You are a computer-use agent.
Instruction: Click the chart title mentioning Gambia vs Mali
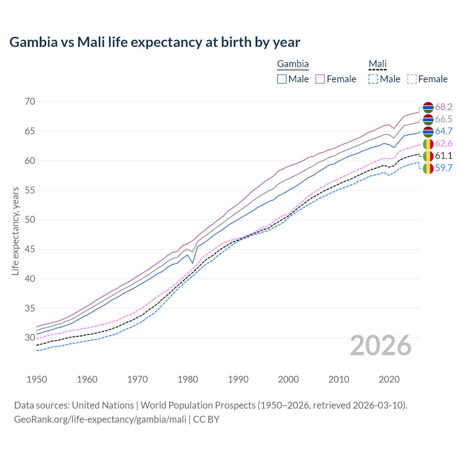[154, 42]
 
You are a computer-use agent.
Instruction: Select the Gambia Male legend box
[282, 79]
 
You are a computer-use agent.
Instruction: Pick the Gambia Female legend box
[320, 79]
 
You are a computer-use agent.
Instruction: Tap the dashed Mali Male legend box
[373, 79]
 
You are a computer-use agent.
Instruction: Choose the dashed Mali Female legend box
[412, 79]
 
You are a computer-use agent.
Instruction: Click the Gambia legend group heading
[293, 64]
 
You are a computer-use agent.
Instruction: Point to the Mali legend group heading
[378, 64]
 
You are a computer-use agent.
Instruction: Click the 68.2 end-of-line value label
[444, 107]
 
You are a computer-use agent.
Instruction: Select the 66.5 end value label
[444, 119]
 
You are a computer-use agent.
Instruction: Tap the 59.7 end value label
[444, 168]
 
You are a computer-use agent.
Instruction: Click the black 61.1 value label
[444, 156]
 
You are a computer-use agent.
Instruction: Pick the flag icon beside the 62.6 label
[428, 144]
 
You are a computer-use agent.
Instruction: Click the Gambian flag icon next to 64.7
[428, 131]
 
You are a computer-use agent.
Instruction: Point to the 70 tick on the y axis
[30, 102]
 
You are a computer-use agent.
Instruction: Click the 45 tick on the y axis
[30, 249]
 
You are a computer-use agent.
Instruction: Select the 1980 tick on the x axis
[188, 379]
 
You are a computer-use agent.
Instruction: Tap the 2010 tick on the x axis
[339, 379]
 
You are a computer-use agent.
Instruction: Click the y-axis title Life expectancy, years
[15, 231]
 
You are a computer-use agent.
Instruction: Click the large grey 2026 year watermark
[381, 345]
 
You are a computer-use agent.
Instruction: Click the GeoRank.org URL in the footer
[100, 419]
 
